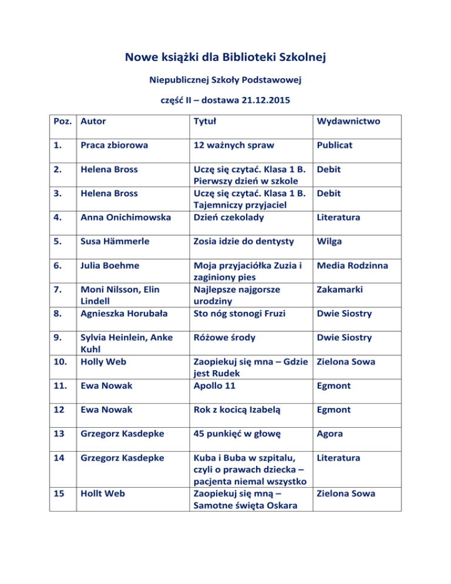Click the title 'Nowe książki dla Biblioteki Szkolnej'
coord(225,58)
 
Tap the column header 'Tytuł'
coord(207,122)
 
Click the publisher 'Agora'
coord(330,434)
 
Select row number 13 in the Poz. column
coord(58,434)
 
